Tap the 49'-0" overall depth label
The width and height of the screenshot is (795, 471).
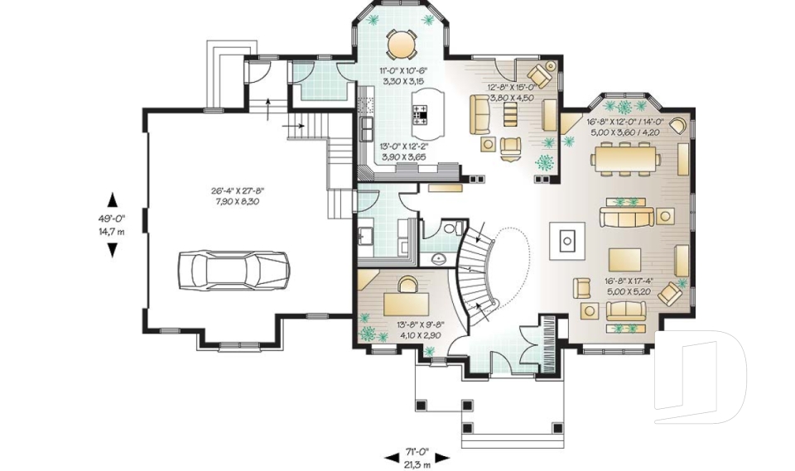click(x=112, y=219)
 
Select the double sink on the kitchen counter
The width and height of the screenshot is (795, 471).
click(x=365, y=126)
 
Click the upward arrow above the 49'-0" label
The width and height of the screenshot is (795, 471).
click(x=112, y=199)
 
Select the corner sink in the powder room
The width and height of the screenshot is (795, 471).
click(x=439, y=258)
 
